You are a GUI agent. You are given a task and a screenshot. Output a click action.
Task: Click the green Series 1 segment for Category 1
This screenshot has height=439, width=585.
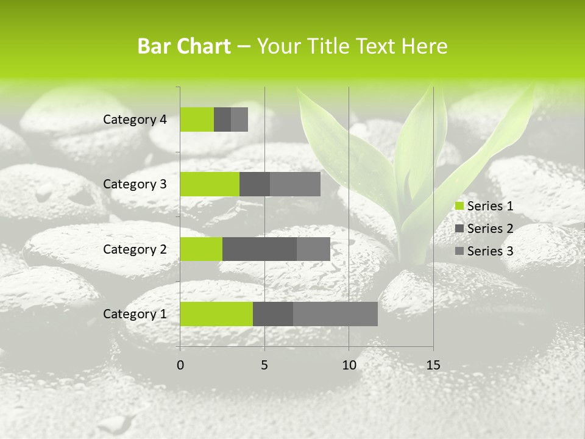pyautogui.click(x=216, y=314)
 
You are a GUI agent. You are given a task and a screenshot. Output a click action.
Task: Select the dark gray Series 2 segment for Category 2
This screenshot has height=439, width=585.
pyautogui.click(x=260, y=249)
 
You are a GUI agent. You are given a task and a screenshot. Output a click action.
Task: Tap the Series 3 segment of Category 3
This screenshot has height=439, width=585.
pyautogui.click(x=295, y=184)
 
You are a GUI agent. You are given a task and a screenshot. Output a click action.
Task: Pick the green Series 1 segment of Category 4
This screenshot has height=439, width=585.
pyautogui.click(x=197, y=120)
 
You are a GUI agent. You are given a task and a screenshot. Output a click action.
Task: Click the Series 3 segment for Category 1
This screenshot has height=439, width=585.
pyautogui.click(x=335, y=314)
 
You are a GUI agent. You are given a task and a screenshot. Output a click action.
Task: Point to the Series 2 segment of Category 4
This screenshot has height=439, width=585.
pyautogui.click(x=222, y=120)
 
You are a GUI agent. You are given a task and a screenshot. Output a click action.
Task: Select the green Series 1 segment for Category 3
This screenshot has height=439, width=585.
pyautogui.click(x=210, y=184)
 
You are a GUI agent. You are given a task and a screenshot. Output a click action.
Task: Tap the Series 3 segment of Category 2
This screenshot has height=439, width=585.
pyautogui.click(x=313, y=249)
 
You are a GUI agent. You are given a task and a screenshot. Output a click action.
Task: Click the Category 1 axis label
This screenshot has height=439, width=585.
pyautogui.click(x=135, y=314)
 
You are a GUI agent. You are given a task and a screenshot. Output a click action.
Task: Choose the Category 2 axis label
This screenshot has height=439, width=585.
pyautogui.click(x=135, y=249)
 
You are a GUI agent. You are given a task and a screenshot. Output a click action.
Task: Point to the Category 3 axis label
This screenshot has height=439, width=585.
pyautogui.click(x=135, y=184)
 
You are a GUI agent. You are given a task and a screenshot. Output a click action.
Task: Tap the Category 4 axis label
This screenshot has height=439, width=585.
pyautogui.click(x=135, y=120)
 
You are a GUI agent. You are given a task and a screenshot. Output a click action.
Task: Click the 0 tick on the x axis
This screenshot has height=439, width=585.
pyautogui.click(x=180, y=365)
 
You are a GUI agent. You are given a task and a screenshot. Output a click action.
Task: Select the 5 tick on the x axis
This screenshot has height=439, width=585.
pyautogui.click(x=264, y=365)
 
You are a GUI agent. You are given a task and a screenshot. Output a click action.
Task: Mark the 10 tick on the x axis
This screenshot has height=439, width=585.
pyautogui.click(x=349, y=365)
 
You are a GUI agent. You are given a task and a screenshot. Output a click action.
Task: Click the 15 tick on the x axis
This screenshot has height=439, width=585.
pyautogui.click(x=433, y=365)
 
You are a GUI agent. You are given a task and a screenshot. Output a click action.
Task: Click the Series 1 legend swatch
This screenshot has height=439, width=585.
pyautogui.click(x=459, y=206)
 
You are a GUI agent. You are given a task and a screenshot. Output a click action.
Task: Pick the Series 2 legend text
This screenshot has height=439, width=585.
pyautogui.click(x=490, y=229)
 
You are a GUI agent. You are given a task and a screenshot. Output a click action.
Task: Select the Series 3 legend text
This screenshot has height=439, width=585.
pyautogui.click(x=490, y=251)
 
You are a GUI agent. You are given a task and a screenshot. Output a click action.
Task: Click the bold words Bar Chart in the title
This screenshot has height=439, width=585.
pyautogui.click(x=184, y=46)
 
